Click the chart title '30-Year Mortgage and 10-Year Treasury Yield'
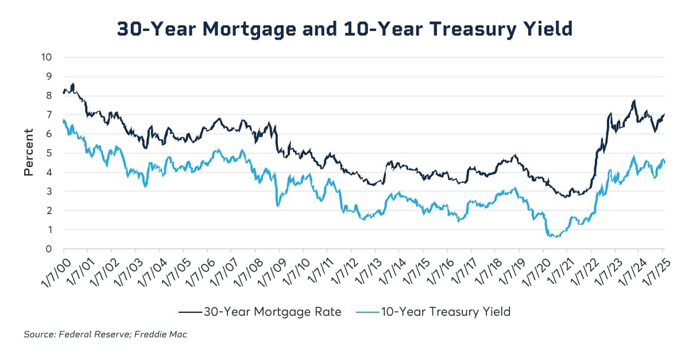pyautogui.click(x=344, y=29)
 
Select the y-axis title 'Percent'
pyautogui.click(x=29, y=153)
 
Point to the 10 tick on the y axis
pyautogui.click(x=47, y=57)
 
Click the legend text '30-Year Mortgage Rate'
pyautogui.click(x=272, y=312)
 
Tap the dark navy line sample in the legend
pyautogui.click(x=189, y=312)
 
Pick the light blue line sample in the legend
pyautogui.click(x=364, y=312)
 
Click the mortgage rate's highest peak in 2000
pyautogui.click(x=73, y=84)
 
